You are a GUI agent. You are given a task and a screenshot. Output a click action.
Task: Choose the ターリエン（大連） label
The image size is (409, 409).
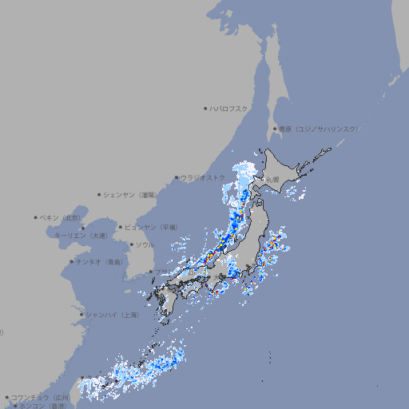click(x=81, y=236)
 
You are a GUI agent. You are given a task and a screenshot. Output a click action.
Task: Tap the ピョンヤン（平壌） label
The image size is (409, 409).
click(x=152, y=227)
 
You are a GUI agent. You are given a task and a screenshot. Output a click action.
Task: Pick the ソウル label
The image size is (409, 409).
click(x=145, y=244)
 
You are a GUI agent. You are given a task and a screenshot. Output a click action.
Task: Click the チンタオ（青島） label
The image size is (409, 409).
click(x=100, y=262)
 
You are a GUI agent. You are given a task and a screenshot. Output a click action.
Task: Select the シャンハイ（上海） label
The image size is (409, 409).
click(x=113, y=315)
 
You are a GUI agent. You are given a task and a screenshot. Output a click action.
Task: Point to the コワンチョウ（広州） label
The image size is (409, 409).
click(x=41, y=397)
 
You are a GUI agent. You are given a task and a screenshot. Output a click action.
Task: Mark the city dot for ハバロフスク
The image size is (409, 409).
click(x=205, y=108)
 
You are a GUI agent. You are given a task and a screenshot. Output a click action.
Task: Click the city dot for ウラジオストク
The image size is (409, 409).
click(x=177, y=177)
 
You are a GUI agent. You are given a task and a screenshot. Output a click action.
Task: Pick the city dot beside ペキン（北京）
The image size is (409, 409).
click(x=36, y=217)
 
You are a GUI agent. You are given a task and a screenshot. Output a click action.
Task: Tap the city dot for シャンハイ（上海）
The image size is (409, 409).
click(x=81, y=315)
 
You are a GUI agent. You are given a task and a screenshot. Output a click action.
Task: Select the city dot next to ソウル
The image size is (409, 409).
click(x=131, y=244)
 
